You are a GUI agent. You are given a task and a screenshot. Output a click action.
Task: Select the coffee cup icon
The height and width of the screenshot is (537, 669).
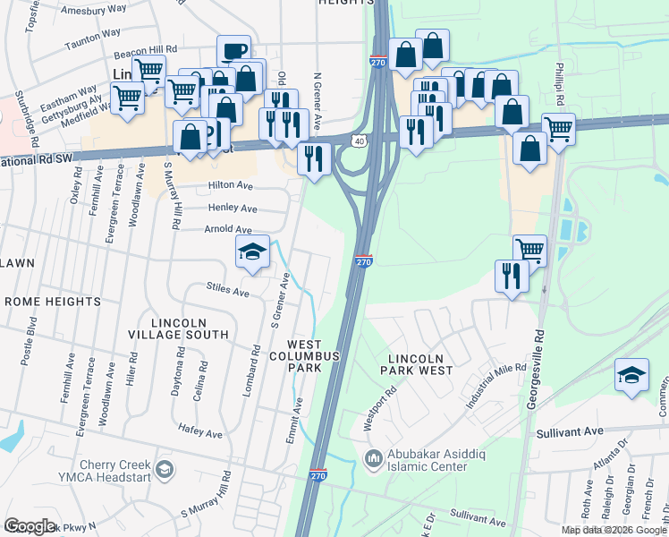[x=233, y=51]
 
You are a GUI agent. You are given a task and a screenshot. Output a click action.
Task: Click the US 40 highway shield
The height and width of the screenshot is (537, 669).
[x=359, y=141]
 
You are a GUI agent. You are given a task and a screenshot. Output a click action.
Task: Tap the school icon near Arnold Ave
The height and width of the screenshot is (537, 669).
[x=252, y=253]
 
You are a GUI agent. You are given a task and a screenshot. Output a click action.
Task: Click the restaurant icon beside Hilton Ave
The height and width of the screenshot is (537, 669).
[x=314, y=159]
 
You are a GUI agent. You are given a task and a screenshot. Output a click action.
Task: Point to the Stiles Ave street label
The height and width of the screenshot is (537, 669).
[x=227, y=291]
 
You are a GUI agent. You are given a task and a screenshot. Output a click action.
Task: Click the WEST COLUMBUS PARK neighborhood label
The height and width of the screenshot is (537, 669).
[x=314, y=356]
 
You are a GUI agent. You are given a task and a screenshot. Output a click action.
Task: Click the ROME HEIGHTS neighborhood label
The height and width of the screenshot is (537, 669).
[x=53, y=302]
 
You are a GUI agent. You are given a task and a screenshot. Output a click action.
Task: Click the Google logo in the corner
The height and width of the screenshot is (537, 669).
[x=30, y=526]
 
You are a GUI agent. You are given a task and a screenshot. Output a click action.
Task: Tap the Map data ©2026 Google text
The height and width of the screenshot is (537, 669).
[x=614, y=530]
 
